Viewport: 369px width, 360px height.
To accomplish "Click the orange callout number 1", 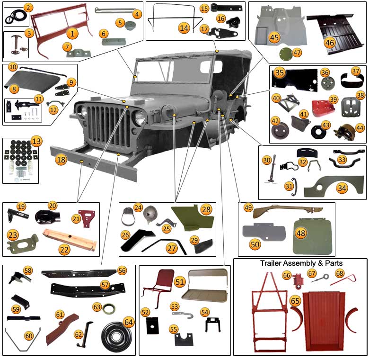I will click(x=72, y=34).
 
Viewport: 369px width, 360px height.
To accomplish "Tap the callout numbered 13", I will click(x=36, y=142).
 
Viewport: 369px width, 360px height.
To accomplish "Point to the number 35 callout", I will click(x=280, y=72).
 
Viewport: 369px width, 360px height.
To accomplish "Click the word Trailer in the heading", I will click(x=271, y=263).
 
